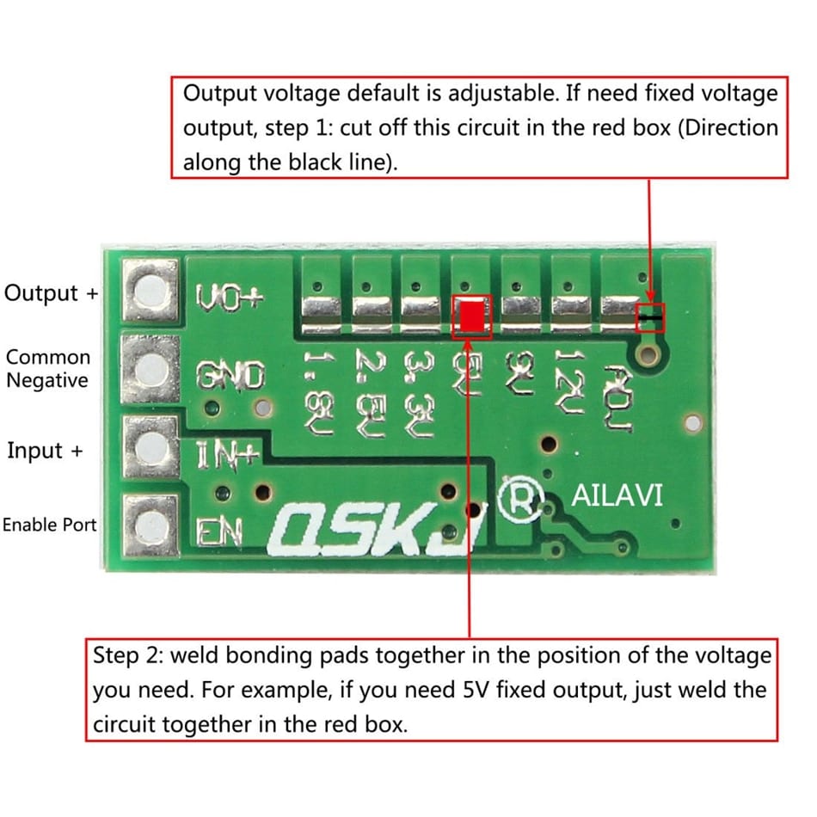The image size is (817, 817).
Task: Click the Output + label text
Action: tap(52, 292)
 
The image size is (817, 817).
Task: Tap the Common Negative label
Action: tap(48, 369)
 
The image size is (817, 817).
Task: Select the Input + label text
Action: tap(46, 450)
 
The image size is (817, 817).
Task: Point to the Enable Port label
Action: tap(50, 525)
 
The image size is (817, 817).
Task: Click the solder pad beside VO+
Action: tap(151, 292)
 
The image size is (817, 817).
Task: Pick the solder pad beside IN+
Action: tap(151, 447)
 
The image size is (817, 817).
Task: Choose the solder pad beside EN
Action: tap(151, 524)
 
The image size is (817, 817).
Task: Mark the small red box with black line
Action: tap(650, 318)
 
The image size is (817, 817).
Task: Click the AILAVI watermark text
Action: tap(617, 496)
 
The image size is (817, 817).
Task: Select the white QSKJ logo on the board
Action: tap(374, 524)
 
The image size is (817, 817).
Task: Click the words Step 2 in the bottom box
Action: tap(120, 656)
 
